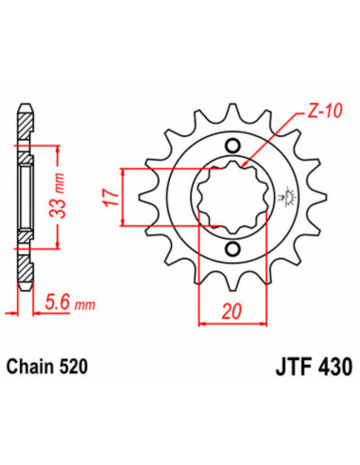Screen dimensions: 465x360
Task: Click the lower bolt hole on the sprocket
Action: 232,250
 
